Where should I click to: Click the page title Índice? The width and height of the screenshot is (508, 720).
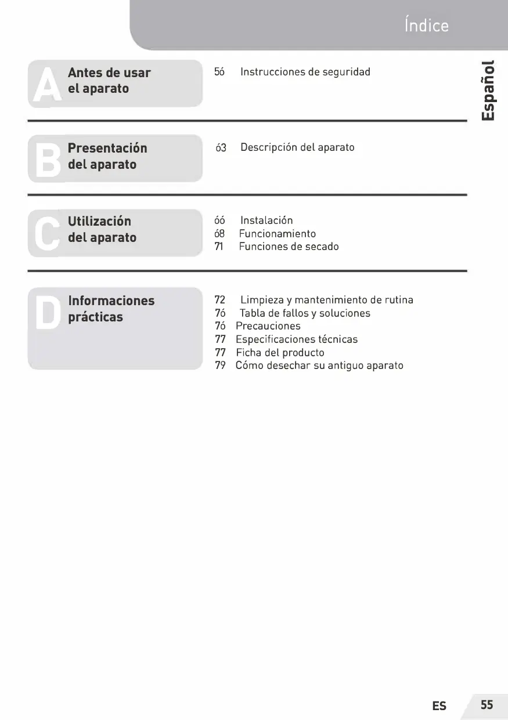[426, 26]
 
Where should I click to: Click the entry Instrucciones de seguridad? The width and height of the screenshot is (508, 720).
[305, 72]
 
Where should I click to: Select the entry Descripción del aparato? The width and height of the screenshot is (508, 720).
[297, 147]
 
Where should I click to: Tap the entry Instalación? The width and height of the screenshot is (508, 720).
[266, 220]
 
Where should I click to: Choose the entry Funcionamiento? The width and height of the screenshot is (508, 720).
[278, 234]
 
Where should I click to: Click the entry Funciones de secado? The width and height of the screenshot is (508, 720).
[289, 247]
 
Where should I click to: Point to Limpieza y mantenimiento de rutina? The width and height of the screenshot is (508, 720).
[326, 301]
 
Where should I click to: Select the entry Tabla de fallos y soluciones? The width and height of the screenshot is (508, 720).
[305, 313]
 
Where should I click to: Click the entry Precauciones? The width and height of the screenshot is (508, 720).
[268, 326]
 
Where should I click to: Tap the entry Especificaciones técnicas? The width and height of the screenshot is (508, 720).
[296, 339]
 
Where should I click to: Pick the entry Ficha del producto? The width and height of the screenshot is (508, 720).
[280, 353]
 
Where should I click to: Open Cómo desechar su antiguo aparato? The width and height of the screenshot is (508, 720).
[319, 366]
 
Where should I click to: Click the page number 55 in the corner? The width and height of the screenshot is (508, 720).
[487, 705]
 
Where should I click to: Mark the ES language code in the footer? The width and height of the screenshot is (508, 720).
[439, 706]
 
